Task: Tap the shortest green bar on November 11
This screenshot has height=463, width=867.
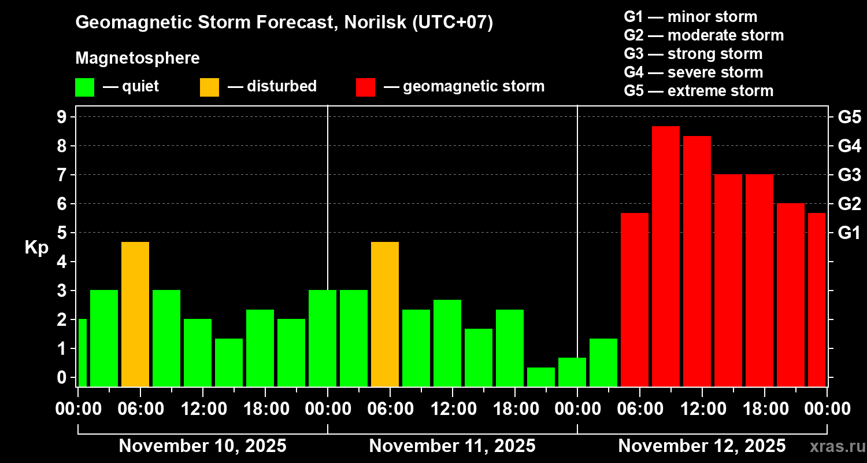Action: click(541, 377)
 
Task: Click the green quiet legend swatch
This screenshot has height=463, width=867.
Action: click(84, 87)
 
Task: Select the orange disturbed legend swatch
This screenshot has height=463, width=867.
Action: click(209, 87)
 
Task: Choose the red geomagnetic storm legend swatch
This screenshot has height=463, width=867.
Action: click(366, 87)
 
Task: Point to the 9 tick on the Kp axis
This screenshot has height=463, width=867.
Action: click(64, 117)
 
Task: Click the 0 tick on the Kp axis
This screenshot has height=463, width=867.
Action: click(64, 377)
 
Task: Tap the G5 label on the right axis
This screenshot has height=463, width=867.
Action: click(849, 117)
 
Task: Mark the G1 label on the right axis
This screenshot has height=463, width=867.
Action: click(849, 233)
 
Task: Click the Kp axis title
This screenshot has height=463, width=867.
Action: click(36, 247)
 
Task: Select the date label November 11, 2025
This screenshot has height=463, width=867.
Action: click(452, 446)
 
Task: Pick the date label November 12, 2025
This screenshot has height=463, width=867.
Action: click(702, 446)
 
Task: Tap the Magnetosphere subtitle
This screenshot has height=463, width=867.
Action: click(138, 58)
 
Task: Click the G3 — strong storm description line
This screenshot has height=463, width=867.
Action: click(693, 54)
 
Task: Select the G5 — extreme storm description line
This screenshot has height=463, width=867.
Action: click(698, 91)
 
